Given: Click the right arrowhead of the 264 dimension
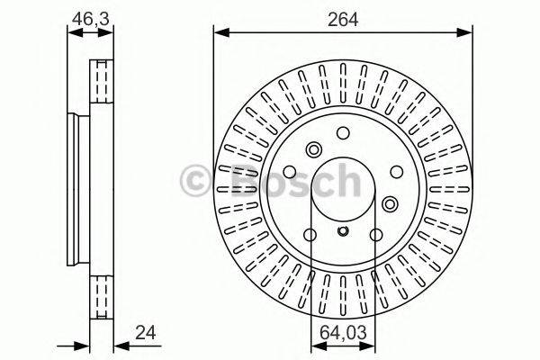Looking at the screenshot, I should pyautogui.click(x=468, y=32).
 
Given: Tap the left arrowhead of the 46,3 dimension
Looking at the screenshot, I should pyautogui.click(x=73, y=32).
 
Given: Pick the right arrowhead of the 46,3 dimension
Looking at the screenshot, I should pyautogui.click(x=110, y=32).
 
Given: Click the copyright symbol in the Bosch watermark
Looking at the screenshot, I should pyautogui.click(x=196, y=181).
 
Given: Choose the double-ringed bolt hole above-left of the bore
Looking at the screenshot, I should pyautogui.click(x=313, y=149).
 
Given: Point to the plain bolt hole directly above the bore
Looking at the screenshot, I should pyautogui.click(x=343, y=132).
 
